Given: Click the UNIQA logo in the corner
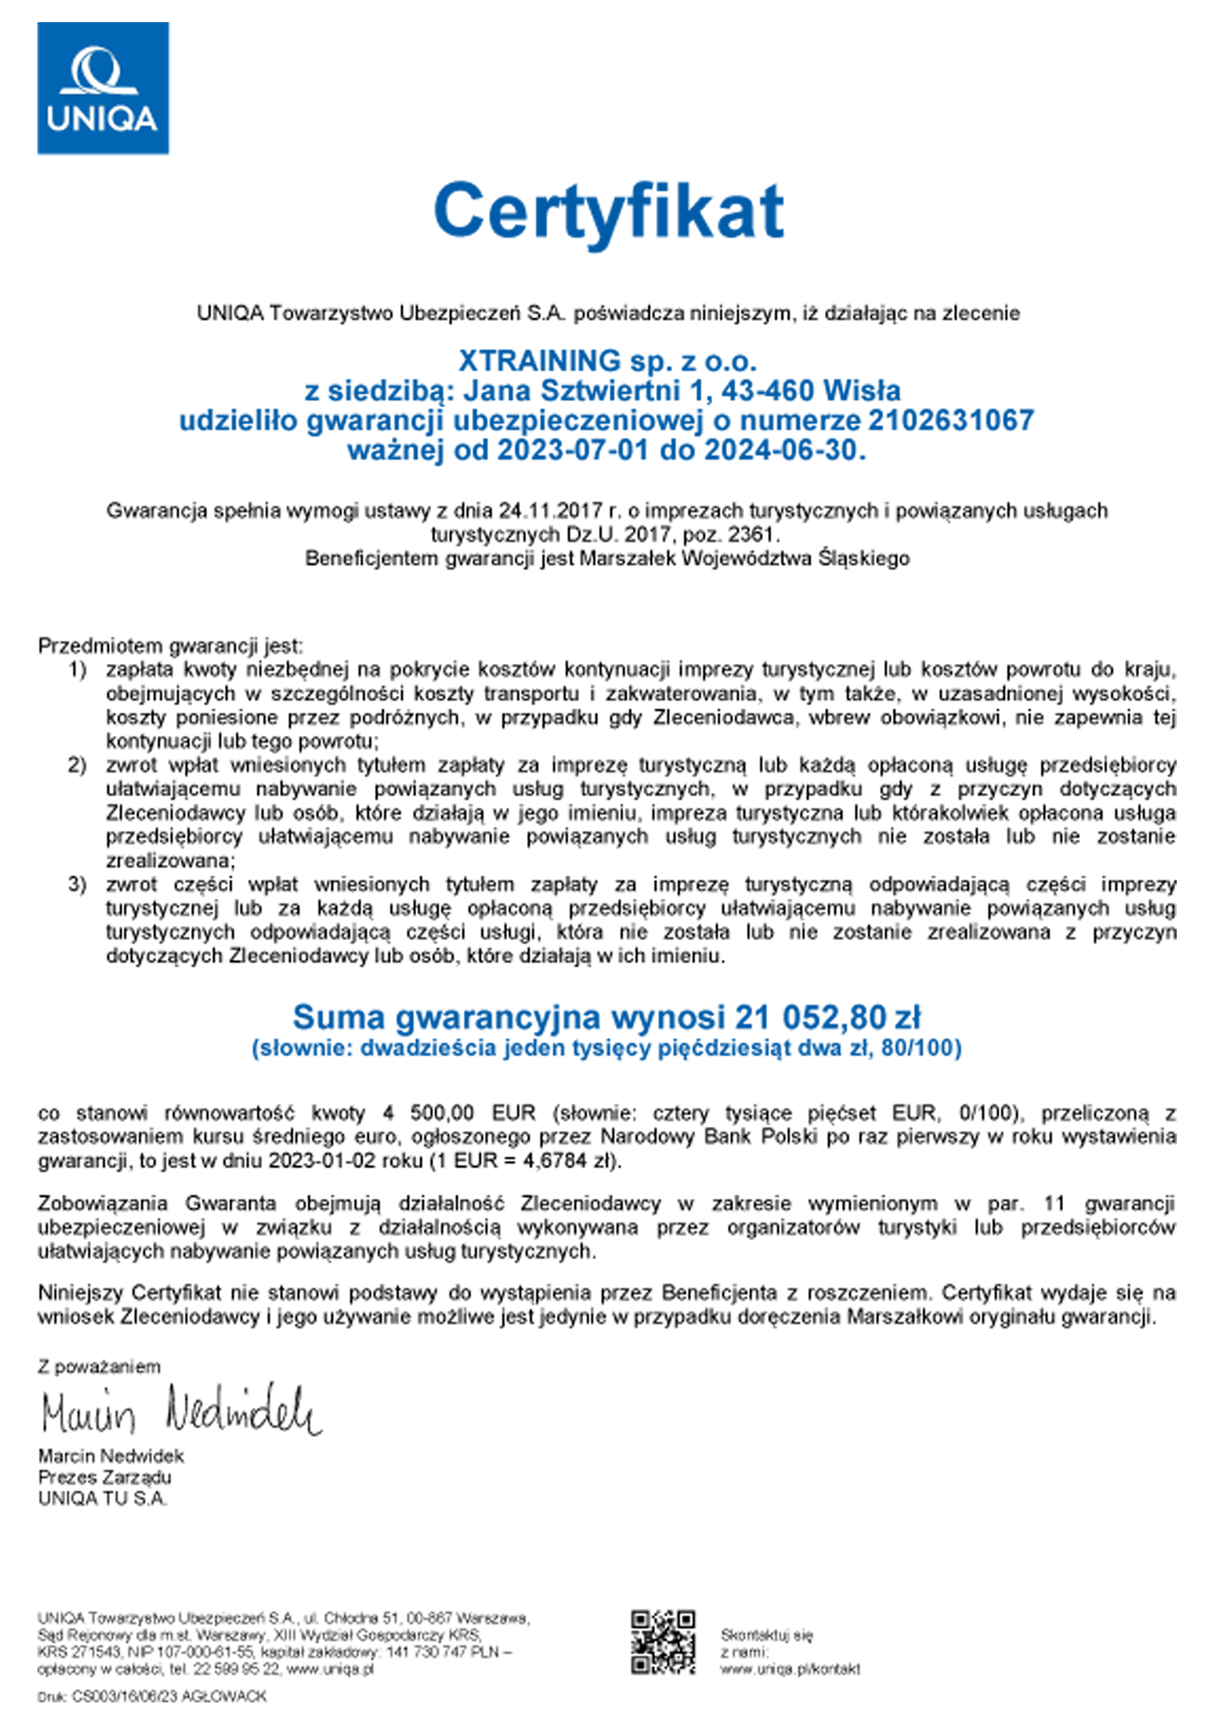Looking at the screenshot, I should point(103,88).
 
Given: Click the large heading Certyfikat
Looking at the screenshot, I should point(609,211).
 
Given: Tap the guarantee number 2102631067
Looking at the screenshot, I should point(951,420).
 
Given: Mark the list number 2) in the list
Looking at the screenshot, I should point(77,765).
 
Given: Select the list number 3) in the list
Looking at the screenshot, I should point(77,884).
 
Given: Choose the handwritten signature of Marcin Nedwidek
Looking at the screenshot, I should point(181,1411).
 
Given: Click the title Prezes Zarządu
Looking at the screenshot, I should point(104,1477).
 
